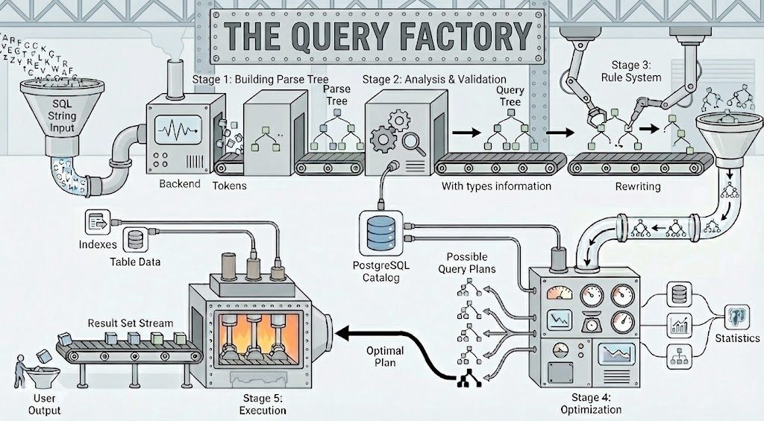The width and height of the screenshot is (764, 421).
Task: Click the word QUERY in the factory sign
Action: [340, 36]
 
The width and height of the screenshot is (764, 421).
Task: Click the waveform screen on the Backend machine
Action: [178, 130]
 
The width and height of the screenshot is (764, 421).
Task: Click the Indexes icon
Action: [98, 223]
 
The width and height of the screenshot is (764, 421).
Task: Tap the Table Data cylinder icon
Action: [135, 239]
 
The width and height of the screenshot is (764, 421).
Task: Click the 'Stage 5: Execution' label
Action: [262, 405]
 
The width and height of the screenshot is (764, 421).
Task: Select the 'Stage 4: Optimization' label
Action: [591, 403]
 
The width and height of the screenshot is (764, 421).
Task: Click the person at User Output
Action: [20, 371]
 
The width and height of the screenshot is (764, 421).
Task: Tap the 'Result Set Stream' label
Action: [130, 323]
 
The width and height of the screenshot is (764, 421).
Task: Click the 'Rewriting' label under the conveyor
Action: [638, 186]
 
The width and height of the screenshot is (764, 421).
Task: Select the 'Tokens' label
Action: [230, 186]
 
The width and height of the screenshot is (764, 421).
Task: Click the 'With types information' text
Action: [496, 186]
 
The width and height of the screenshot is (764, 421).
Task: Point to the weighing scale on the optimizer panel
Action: [592, 322]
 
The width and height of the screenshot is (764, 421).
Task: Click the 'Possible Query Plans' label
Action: [467, 263]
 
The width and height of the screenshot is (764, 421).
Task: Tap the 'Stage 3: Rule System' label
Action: [631, 71]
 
